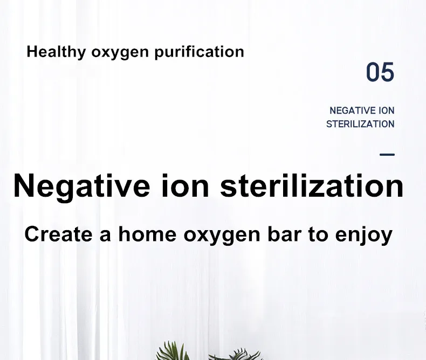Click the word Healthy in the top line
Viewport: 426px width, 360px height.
coord(56,52)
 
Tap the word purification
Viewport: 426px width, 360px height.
coord(199,52)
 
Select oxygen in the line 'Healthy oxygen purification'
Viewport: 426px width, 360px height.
coord(120,53)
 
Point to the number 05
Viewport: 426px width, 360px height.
coord(380,72)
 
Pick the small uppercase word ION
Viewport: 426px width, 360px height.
coord(386,110)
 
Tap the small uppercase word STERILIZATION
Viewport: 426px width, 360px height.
coord(360,124)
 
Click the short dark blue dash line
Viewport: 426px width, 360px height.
coord(387,155)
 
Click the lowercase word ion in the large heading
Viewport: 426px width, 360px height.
coord(185,186)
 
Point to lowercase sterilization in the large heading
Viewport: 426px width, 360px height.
coord(312,186)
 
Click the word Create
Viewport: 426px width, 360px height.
coord(58,234)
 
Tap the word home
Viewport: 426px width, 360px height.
coord(147,234)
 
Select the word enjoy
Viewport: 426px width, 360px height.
coord(364,236)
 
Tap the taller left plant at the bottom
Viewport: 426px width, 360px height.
coord(173,351)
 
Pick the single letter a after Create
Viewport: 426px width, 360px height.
coord(105,236)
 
